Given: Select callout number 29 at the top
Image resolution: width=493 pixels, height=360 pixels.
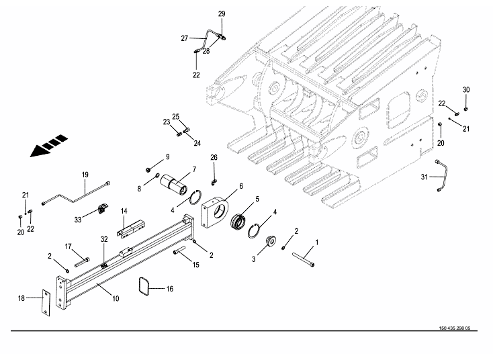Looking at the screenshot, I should coord(222,13).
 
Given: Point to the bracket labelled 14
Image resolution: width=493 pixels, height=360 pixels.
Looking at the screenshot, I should coord(128,228).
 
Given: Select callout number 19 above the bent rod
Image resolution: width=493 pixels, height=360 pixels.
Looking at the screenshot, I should coord(85,175).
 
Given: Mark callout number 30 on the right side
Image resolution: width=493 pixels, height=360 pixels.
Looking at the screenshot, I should coord(465,90).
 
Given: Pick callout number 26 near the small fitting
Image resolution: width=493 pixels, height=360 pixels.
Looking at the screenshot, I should coord(214,158).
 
